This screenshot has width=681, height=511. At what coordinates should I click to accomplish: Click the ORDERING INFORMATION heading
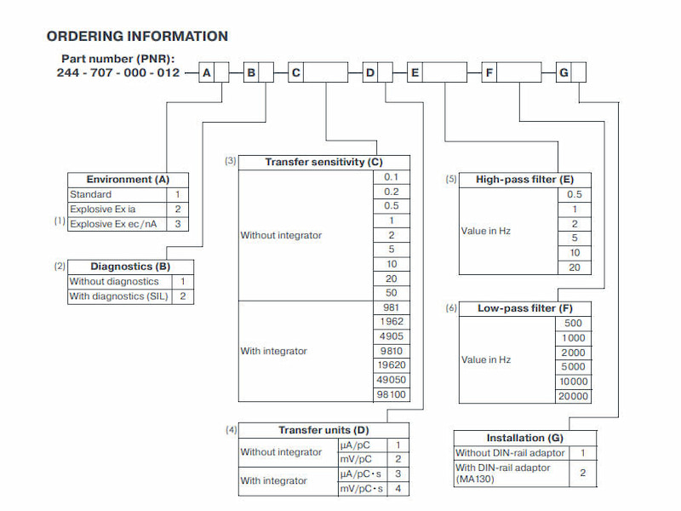pyautogui.click(x=137, y=37)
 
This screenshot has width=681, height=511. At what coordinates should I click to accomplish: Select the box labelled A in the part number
pyautogui.click(x=207, y=73)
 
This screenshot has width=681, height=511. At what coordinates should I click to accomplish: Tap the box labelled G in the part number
pyautogui.click(x=564, y=73)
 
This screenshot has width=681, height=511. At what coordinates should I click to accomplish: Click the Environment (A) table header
pyautogui.click(x=128, y=180)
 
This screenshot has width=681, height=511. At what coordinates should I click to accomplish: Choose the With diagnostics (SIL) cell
pyautogui.click(x=119, y=296)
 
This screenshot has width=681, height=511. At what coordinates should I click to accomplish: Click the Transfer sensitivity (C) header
pyautogui.click(x=323, y=162)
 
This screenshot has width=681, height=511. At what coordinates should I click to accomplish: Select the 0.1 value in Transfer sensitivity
pyautogui.click(x=391, y=177)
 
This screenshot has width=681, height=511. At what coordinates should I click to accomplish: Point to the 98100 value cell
pyautogui.click(x=392, y=394)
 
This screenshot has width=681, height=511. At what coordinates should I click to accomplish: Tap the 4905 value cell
pyautogui.click(x=392, y=336)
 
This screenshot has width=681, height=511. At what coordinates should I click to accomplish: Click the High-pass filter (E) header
pyautogui.click(x=524, y=180)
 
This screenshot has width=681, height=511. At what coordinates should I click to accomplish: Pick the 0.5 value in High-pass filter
pyautogui.click(x=575, y=194)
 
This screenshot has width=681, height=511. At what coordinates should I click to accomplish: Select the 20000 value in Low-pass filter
pyautogui.click(x=573, y=395)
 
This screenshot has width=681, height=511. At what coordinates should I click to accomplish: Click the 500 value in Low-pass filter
pyautogui.click(x=573, y=323)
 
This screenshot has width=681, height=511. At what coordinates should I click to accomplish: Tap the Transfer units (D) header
pyautogui.click(x=323, y=430)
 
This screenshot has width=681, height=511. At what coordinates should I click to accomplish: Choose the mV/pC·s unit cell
pyautogui.click(x=362, y=489)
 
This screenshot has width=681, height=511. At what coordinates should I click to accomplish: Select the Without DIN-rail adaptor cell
pyautogui.click(x=509, y=453)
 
